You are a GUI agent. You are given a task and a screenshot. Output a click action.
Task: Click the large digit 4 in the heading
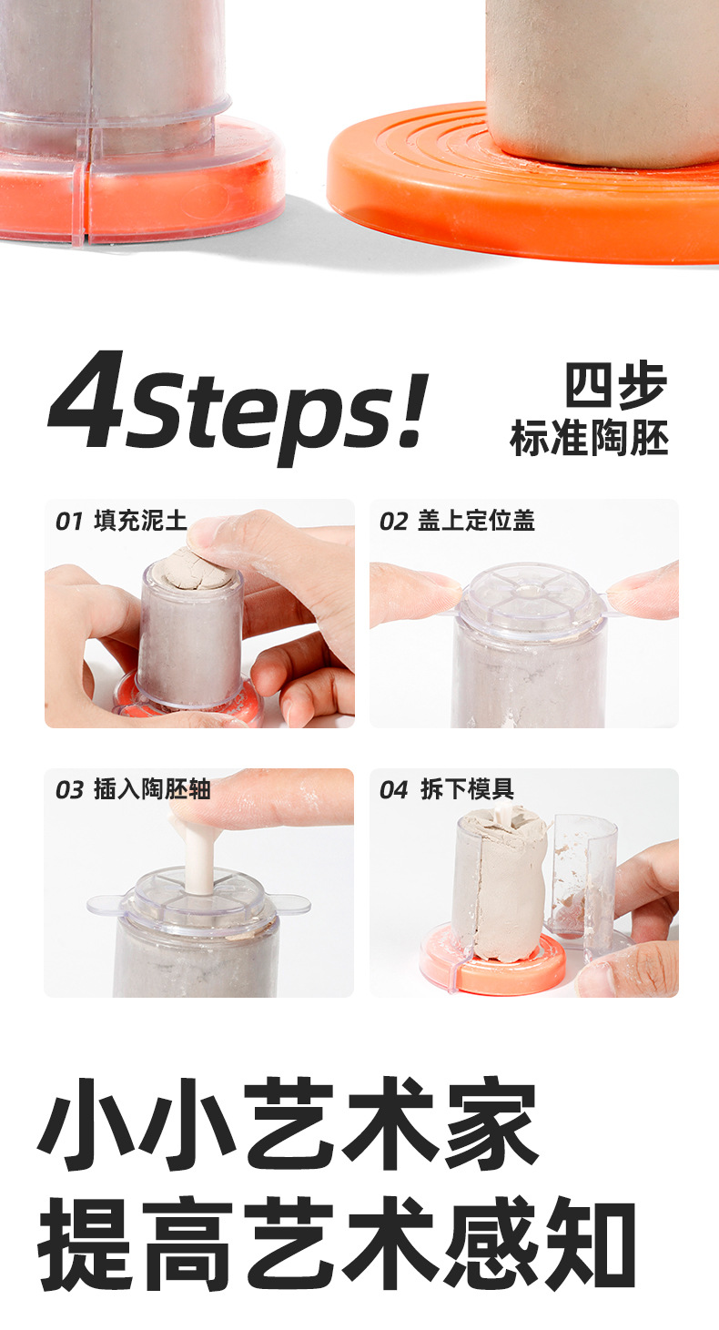[x=87, y=398]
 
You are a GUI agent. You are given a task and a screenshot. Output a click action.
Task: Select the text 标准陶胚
[x=590, y=438]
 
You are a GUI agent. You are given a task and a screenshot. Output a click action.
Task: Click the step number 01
[x=69, y=522]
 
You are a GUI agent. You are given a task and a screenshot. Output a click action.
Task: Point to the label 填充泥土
[x=140, y=521]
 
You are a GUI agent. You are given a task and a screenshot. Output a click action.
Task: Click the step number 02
[x=394, y=522]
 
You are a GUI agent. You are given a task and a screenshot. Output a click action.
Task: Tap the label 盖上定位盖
[x=476, y=521]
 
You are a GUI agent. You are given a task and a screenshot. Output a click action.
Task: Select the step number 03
[x=69, y=790]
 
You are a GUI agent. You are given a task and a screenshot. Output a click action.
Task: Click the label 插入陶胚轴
[x=152, y=789]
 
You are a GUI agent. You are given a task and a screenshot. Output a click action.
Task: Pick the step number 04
[x=394, y=790]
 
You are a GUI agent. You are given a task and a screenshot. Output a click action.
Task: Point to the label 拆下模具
[x=467, y=789]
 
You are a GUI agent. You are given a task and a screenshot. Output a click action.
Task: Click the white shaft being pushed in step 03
[x=199, y=855]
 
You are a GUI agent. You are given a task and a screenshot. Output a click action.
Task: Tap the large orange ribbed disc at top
[x=522, y=196]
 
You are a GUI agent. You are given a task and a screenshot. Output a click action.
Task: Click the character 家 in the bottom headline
[x=492, y=1122]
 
